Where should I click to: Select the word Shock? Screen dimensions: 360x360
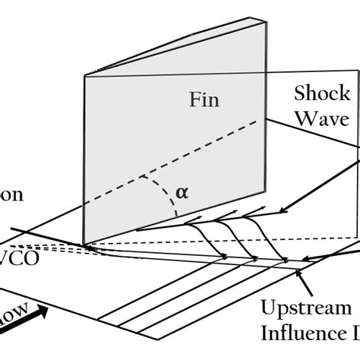coord(322,93)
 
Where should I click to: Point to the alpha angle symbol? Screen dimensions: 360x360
coord(181,191)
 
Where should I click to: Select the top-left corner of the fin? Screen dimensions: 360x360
coord(84,76)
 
